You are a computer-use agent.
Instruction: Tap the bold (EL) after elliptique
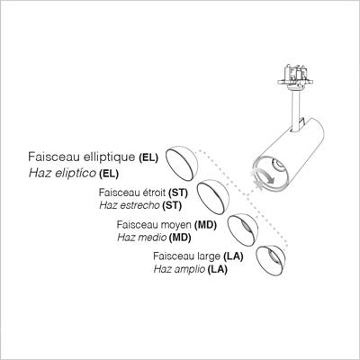tap(148, 157)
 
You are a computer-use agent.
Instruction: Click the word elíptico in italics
tap(76, 173)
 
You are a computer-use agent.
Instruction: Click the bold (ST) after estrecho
tap(172, 205)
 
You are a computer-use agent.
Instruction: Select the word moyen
tap(176, 225)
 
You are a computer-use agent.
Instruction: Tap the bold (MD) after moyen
tap(205, 225)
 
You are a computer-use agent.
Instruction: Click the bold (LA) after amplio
tap(218, 269)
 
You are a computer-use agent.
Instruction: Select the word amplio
tap(190, 269)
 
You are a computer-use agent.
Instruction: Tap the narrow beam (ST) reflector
tap(212, 197)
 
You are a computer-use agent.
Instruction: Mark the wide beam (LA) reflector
tap(271, 260)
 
